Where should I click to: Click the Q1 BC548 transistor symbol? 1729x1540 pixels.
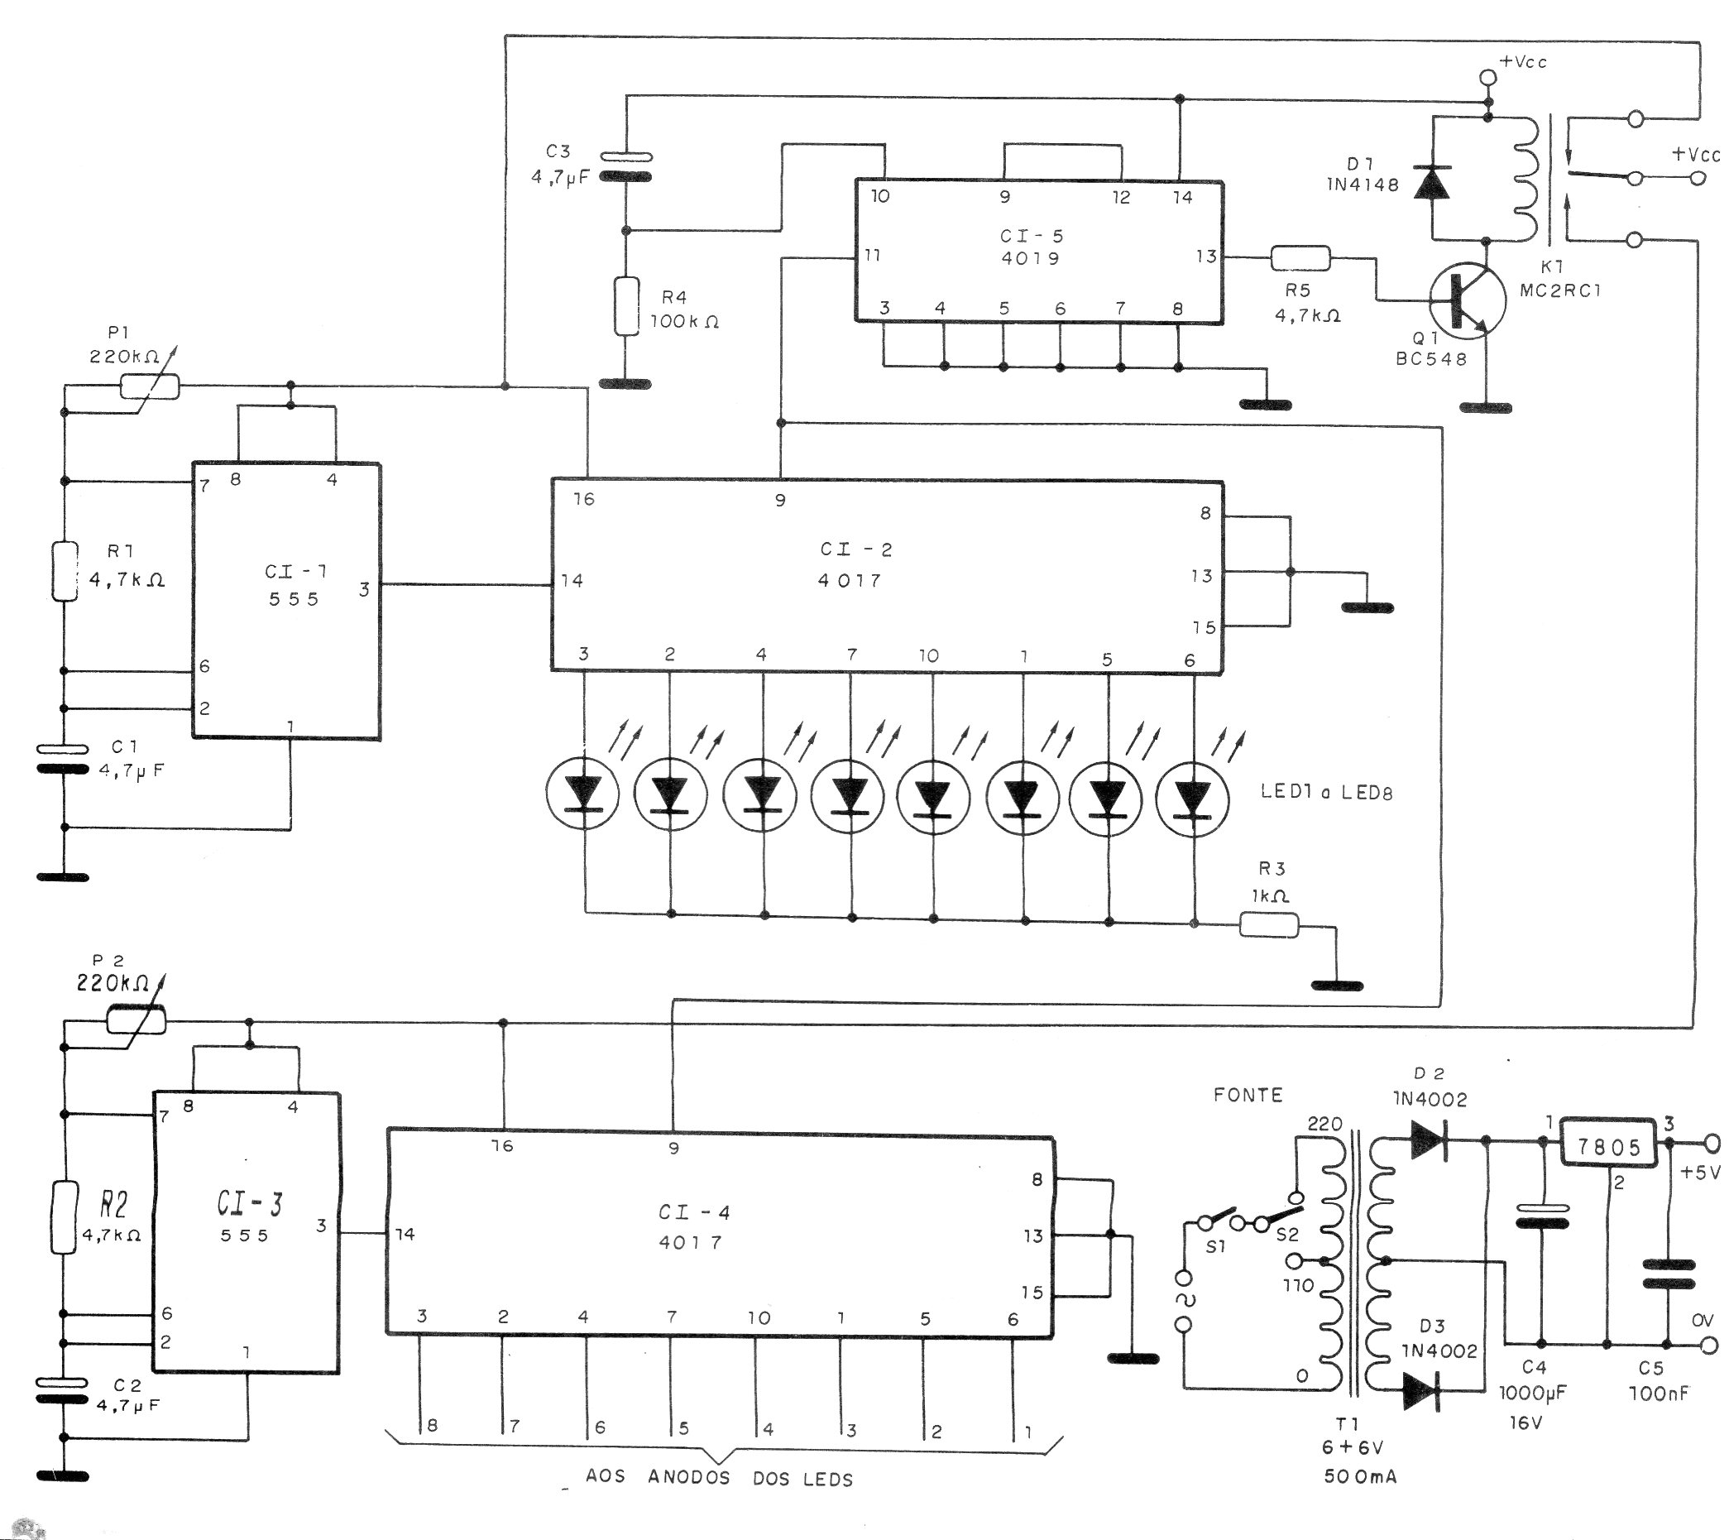(x=1467, y=301)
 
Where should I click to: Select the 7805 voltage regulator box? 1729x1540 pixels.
(x=1608, y=1147)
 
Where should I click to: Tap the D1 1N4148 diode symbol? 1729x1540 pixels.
(x=1431, y=182)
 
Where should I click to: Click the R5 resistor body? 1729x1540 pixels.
(x=1300, y=258)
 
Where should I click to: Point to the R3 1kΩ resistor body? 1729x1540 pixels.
(x=1269, y=926)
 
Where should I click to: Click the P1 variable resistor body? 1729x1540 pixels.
(x=150, y=386)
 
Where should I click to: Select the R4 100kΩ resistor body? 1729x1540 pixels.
(x=626, y=305)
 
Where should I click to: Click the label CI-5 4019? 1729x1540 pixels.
(x=1030, y=247)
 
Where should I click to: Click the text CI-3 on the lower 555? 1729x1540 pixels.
(x=250, y=1202)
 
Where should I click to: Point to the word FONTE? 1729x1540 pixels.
(x=1248, y=1095)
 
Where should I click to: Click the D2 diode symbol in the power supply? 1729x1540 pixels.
(x=1429, y=1139)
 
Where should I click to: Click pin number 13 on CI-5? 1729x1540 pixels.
(x=1206, y=256)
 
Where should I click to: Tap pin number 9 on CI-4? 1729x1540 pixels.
(x=673, y=1149)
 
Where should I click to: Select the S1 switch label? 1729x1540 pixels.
(x=1215, y=1246)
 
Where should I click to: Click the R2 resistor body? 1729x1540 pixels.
(x=65, y=1217)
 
